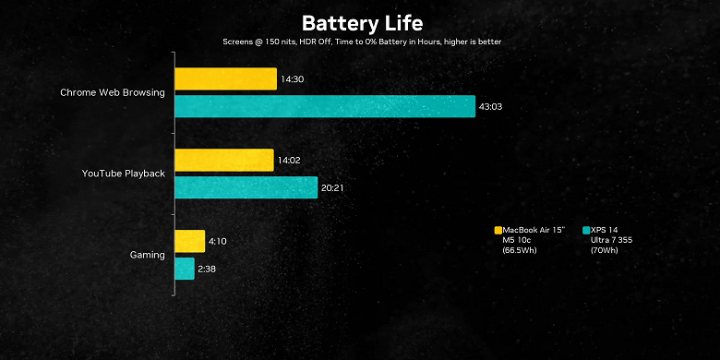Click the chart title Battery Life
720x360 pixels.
[360, 22]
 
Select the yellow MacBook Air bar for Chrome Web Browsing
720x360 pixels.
[226, 79]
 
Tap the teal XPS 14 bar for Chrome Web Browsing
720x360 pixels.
[325, 107]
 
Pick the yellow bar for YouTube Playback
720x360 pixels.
[224, 161]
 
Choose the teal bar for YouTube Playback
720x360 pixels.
[246, 187]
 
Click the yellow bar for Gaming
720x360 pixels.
[190, 241]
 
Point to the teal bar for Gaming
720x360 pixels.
[185, 269]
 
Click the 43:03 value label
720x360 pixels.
[490, 107]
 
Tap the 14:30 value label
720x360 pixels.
[293, 80]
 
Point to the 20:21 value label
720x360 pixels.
[333, 188]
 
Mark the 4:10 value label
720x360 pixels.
[218, 242]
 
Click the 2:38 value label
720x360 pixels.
[208, 269]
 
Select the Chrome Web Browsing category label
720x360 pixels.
[113, 92]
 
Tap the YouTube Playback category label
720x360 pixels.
[124, 174]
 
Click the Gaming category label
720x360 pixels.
[148, 255]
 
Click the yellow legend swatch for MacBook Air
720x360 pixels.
[498, 230]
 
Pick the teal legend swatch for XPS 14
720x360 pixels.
[586, 230]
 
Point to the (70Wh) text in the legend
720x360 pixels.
[605, 250]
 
